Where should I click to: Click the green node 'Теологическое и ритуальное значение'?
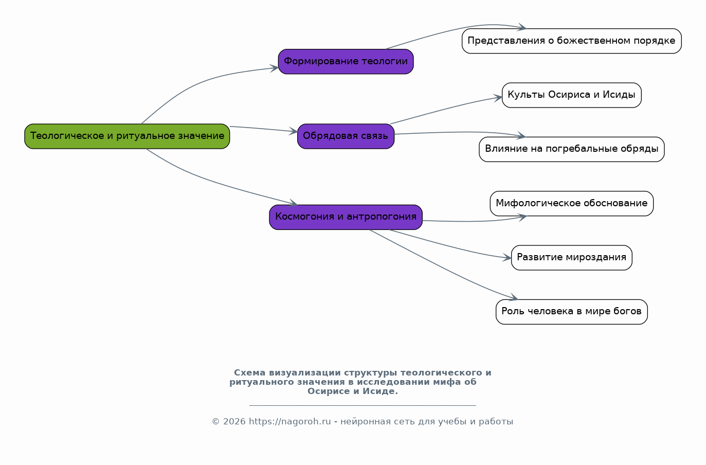pyautogui.click(x=127, y=136)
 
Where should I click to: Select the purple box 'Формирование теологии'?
pyautogui.click(x=346, y=62)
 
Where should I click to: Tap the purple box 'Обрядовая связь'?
pyautogui.click(x=346, y=136)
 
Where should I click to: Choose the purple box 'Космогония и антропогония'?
pyautogui.click(x=346, y=217)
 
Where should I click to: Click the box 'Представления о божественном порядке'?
pyautogui.click(x=571, y=41)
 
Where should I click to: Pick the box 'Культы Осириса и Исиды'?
pyautogui.click(x=571, y=95)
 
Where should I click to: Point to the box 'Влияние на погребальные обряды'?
pyautogui.click(x=571, y=150)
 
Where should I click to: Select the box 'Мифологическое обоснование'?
pyautogui.click(x=571, y=204)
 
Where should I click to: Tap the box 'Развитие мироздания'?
pyautogui.click(x=571, y=258)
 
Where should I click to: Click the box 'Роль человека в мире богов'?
pyautogui.click(x=571, y=312)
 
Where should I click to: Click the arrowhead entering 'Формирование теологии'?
pyautogui.click(x=274, y=68)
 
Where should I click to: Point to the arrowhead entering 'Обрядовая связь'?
pyautogui.click(x=294, y=131)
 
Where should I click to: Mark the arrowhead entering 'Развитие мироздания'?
pyautogui.click(x=507, y=258)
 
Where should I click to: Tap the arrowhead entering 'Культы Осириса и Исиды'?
pyautogui.click(x=498, y=98)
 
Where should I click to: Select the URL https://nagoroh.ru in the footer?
pyautogui.click(x=290, y=422)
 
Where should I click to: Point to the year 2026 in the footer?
pyautogui.click(x=234, y=422)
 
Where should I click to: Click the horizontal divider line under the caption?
pyautogui.click(x=363, y=405)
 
